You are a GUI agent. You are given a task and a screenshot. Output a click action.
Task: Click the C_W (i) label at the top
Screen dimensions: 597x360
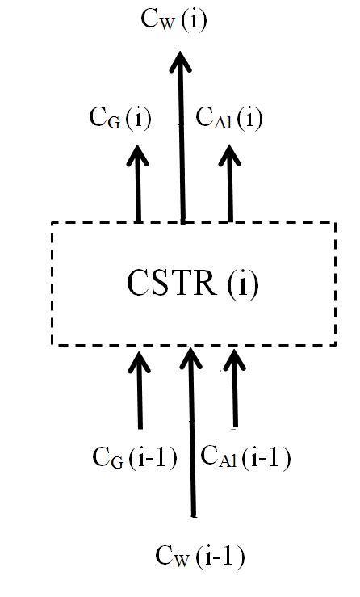174,21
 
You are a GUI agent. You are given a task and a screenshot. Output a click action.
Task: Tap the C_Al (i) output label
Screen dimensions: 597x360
230,120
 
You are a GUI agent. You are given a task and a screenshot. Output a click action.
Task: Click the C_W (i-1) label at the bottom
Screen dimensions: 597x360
199,557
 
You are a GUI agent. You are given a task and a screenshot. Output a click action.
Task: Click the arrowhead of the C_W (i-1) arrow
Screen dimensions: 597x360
191,359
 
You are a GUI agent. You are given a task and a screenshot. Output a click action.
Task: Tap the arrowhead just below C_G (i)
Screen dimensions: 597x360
138,157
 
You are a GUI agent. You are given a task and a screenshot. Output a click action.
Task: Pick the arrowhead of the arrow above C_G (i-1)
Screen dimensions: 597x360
140,360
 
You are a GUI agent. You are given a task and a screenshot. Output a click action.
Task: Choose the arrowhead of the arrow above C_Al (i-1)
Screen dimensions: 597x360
234,360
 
